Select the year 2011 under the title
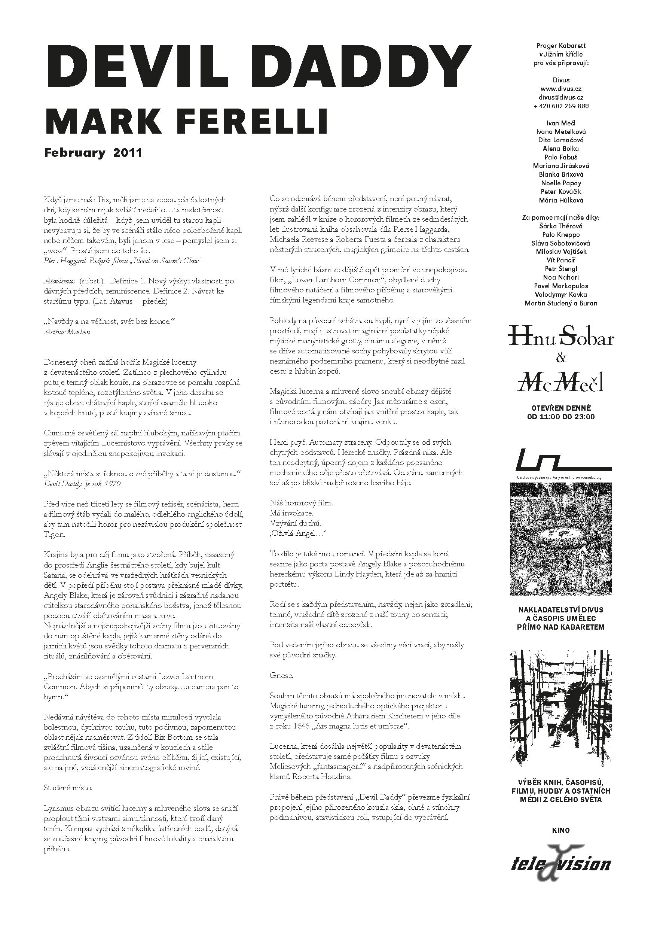pyautogui.click(x=128, y=153)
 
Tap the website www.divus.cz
pyautogui.click(x=561, y=89)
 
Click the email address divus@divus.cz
pyautogui.click(x=561, y=97)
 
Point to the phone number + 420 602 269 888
pyautogui.click(x=561, y=106)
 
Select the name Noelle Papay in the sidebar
pyautogui.click(x=561, y=183)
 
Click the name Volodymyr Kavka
pyautogui.click(x=561, y=295)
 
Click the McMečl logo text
pyautogui.click(x=561, y=381)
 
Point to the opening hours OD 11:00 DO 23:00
pyautogui.click(x=561, y=417)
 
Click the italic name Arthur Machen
pyautogui.click(x=67, y=332)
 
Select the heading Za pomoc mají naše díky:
pyautogui.click(x=561, y=218)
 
